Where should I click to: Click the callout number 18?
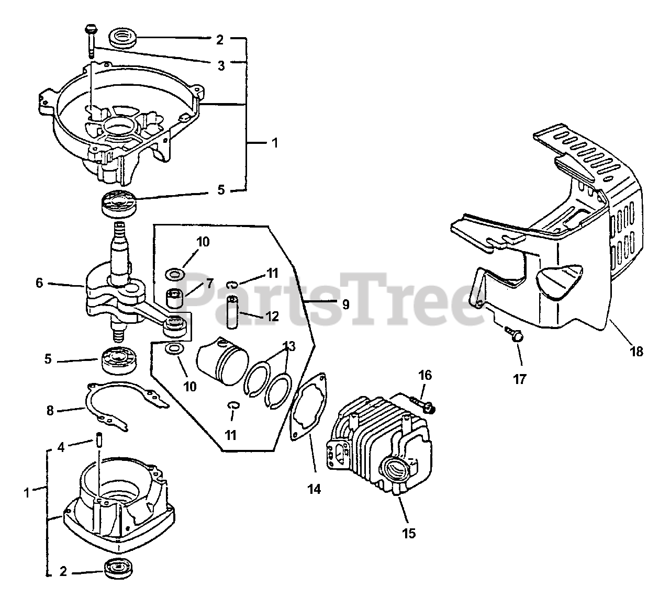point(636,352)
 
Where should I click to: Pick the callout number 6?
point(39,283)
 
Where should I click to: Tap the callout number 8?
point(50,411)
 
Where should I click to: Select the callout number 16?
point(425,375)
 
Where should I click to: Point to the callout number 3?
point(221,65)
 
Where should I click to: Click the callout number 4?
point(61,447)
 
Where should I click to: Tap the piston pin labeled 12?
point(232,312)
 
